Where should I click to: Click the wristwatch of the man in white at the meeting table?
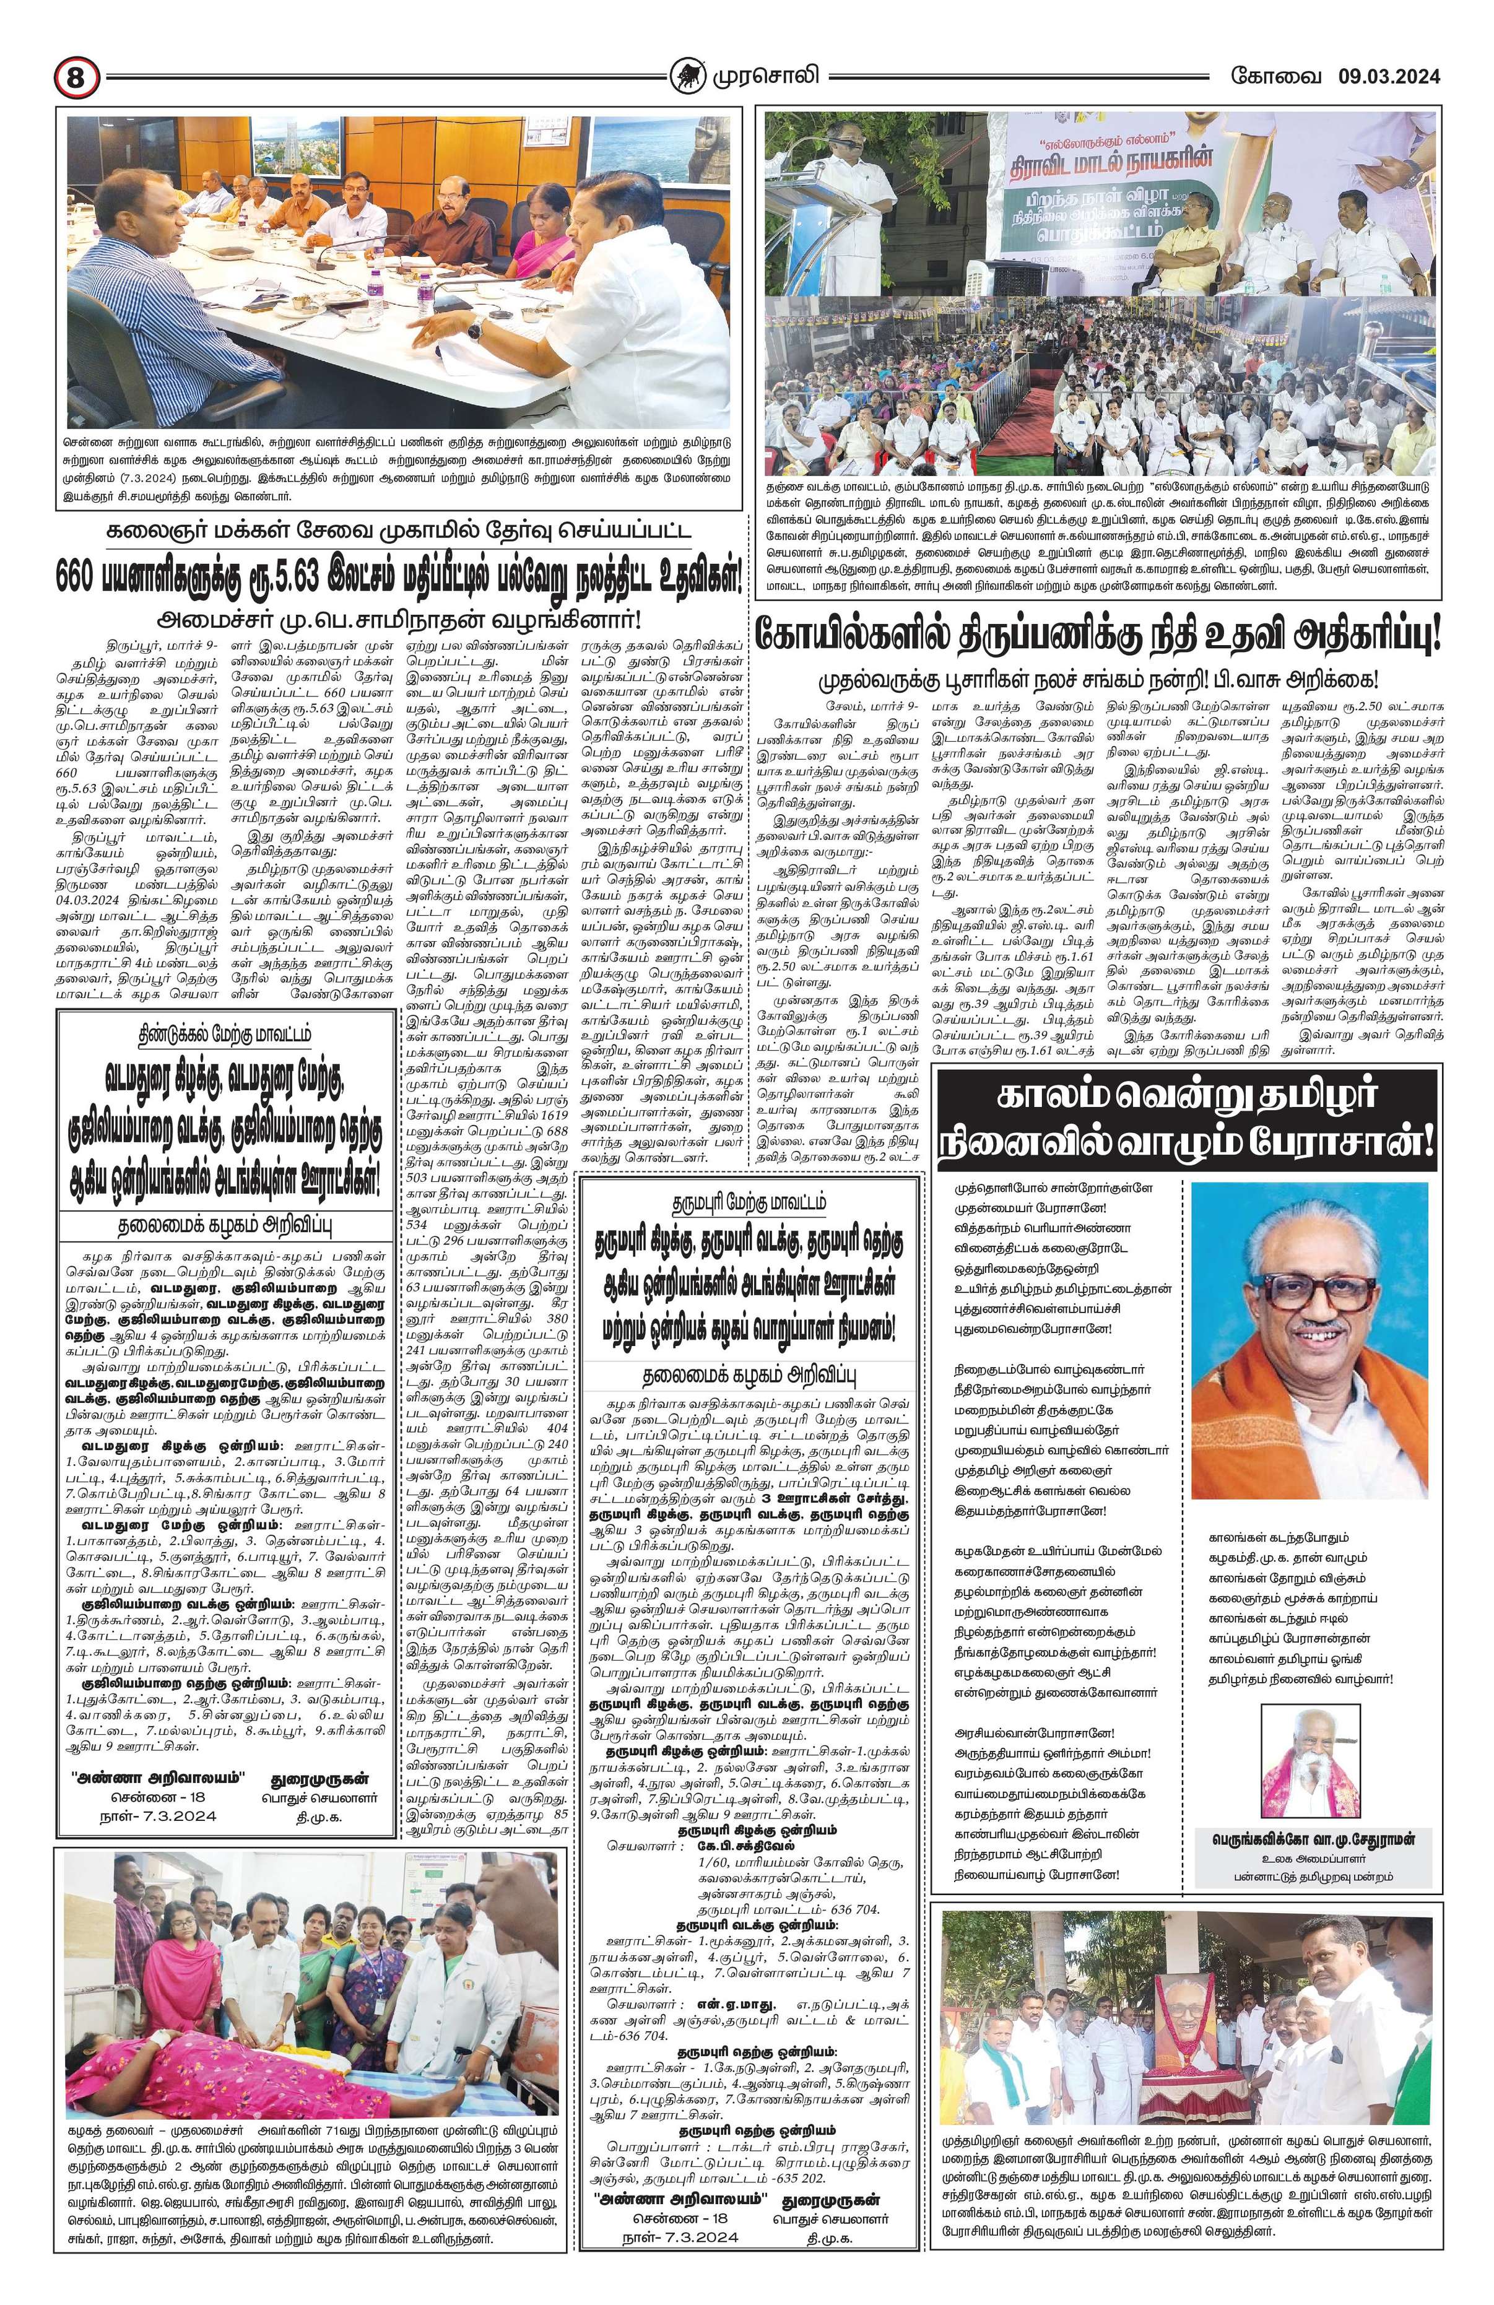pos(474,329)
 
